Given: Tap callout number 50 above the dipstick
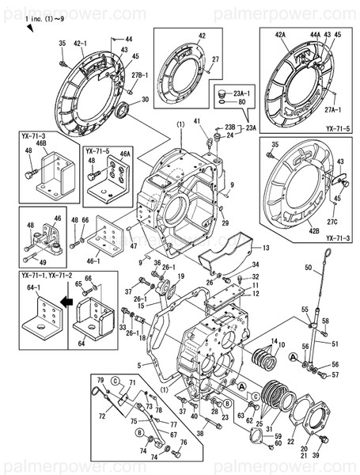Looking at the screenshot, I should click(x=309, y=269).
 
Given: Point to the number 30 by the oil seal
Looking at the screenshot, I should click(x=144, y=100).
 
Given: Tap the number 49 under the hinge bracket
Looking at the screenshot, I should click(x=44, y=263).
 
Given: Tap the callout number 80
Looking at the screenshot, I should click(x=241, y=101).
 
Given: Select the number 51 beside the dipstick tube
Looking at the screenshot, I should click(x=335, y=343).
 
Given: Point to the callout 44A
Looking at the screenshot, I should click(x=314, y=36).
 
